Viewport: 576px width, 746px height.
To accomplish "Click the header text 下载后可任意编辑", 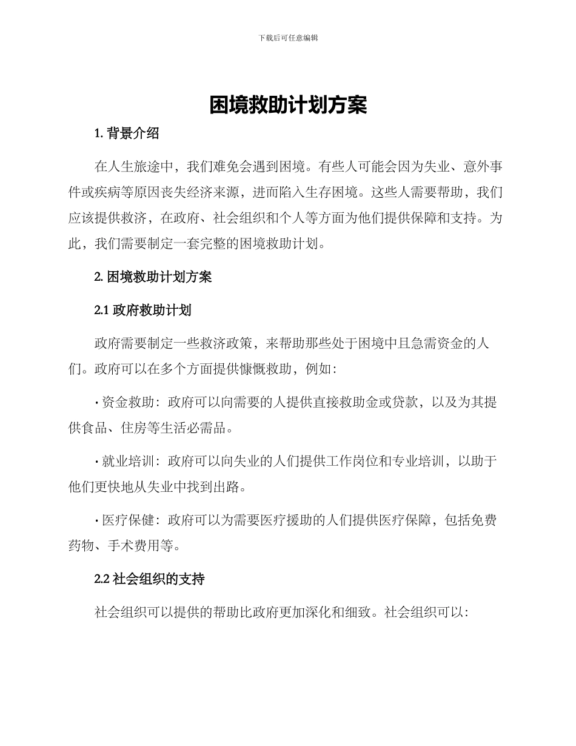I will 288,38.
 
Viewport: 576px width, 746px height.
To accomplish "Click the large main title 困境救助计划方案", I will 288,106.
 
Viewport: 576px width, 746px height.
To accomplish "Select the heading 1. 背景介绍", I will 127,134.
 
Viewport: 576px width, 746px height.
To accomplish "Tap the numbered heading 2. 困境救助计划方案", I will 153,277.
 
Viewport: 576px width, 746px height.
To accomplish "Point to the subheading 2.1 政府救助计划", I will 143,311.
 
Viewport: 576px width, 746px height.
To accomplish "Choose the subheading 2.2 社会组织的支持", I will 150,579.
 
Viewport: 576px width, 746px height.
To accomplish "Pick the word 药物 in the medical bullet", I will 81,546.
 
